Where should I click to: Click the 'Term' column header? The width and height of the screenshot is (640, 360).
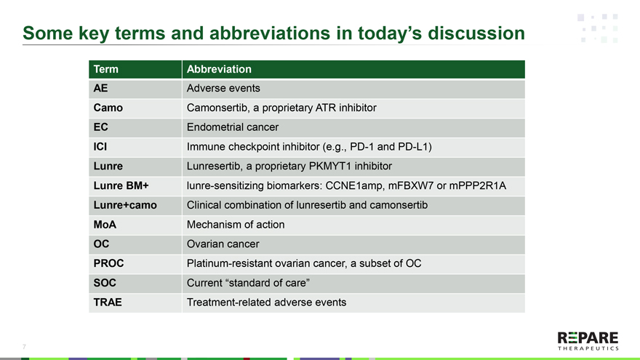coord(105,69)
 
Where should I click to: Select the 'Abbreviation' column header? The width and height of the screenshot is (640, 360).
coord(219,69)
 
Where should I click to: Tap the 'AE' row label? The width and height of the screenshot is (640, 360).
coord(100,88)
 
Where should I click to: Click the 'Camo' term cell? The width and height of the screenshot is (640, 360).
coord(108,108)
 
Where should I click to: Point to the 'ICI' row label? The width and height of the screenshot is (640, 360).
coord(100,146)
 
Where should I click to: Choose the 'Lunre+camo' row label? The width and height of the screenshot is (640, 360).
coord(125,205)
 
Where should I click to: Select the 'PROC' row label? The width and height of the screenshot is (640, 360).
coord(108,263)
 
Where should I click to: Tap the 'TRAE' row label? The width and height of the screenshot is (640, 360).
coord(108,303)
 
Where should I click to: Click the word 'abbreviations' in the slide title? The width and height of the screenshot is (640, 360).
coord(270,33)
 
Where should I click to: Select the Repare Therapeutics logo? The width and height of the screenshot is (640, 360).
coord(588,341)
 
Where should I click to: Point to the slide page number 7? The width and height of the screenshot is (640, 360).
coord(24,347)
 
